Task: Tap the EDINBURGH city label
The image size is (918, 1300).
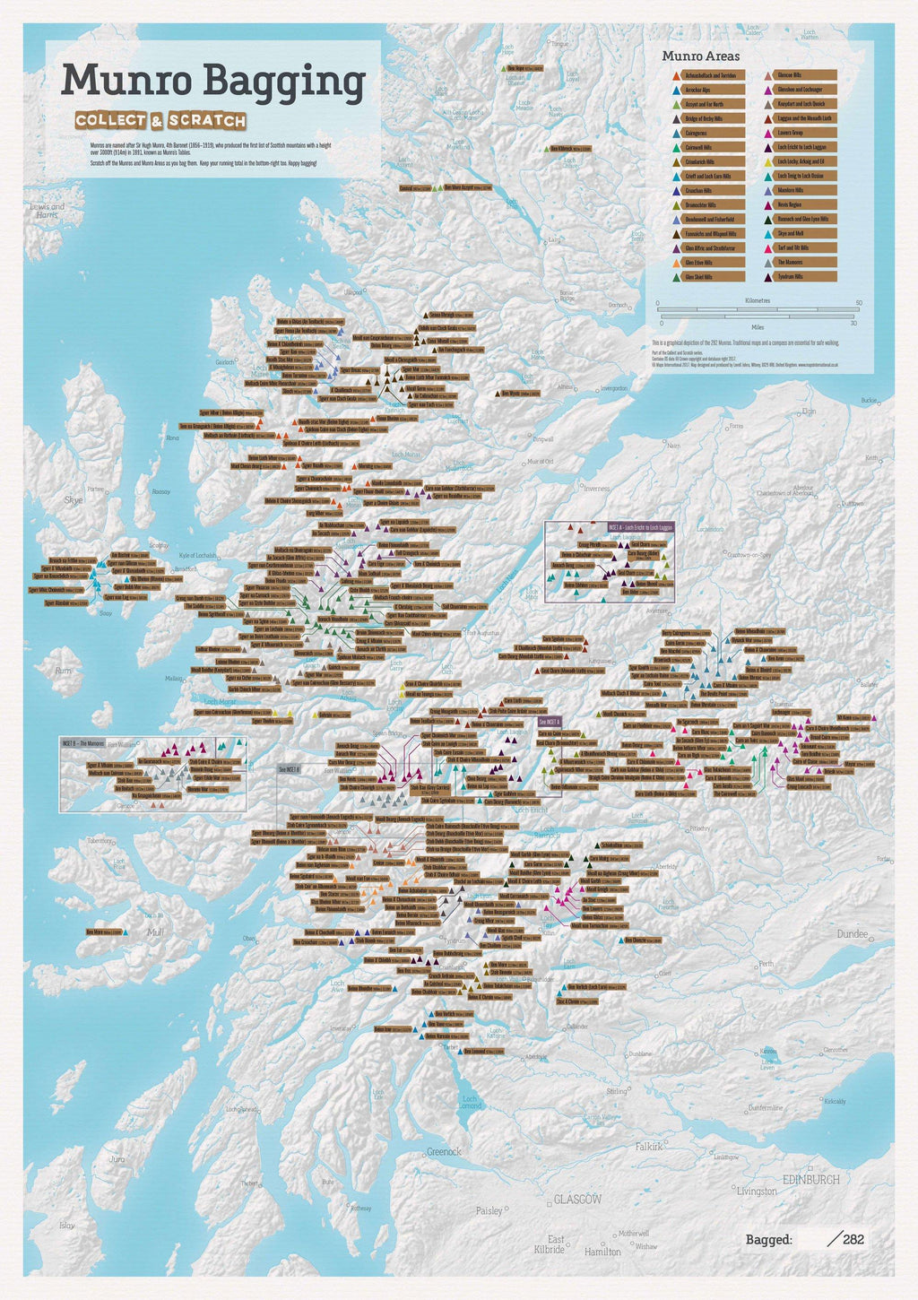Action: (x=811, y=1179)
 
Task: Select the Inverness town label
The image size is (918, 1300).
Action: (x=596, y=489)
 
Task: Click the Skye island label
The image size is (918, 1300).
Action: (x=73, y=499)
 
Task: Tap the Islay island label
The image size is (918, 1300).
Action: (x=66, y=1225)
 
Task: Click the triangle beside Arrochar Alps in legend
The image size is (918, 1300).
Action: (x=674, y=90)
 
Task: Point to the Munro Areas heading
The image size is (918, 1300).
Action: (x=688, y=56)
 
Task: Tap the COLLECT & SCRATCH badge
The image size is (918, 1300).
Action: (x=160, y=120)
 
